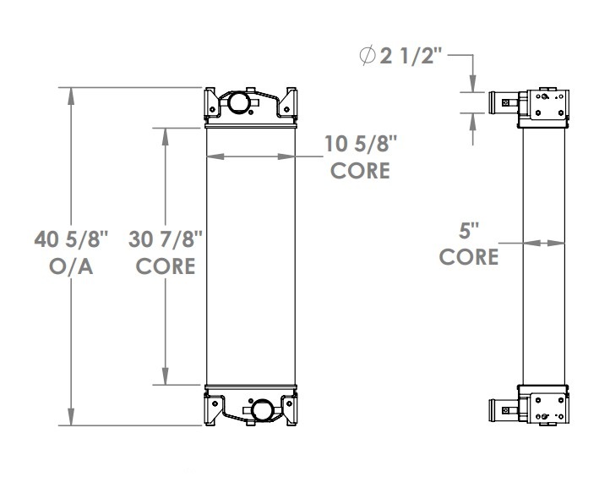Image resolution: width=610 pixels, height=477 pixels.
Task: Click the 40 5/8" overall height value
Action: click(72, 240)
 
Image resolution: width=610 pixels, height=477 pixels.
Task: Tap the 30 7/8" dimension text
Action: click(166, 240)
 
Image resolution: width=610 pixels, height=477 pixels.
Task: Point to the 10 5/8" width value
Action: click(360, 143)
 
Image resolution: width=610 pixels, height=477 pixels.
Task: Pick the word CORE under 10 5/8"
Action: click(360, 170)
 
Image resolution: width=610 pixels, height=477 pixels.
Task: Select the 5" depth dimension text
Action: click(468, 229)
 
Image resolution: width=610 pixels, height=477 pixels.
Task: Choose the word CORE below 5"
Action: click(468, 255)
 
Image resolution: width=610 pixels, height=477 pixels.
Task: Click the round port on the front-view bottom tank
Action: click(263, 411)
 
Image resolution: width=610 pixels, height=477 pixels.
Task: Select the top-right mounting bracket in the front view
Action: click(291, 101)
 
